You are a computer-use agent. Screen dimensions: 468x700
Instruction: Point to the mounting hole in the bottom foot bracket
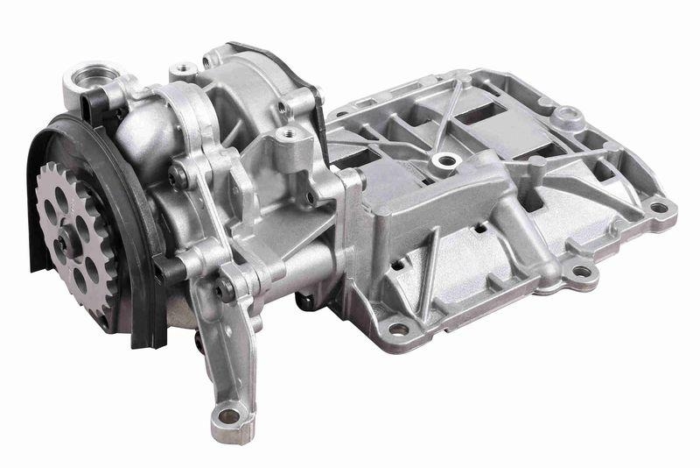(229, 415)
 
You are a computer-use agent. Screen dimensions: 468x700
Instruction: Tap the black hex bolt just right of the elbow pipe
(179, 175)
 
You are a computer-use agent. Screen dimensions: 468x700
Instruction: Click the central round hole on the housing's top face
(448, 160)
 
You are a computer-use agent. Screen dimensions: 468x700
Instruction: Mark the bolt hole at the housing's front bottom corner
(398, 330)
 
